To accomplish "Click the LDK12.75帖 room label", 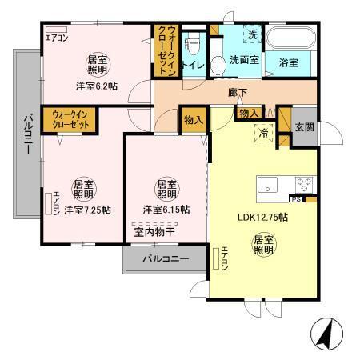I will (262, 215).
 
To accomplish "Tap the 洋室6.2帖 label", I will (97, 86).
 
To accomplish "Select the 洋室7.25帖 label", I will (87, 210).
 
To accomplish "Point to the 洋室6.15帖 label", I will (166, 210).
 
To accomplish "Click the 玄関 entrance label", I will (305, 127).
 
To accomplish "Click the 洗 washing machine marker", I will (250, 37).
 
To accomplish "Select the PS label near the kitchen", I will (295, 197).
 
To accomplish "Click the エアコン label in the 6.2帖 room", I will (58, 37).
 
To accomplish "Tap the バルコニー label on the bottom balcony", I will (166, 260).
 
